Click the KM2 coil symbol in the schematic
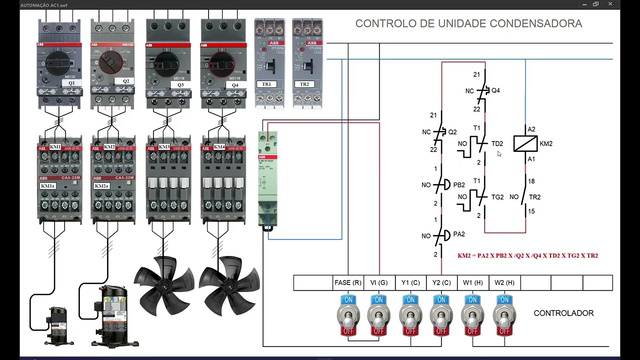[x=525, y=143]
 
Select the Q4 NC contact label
[x=495, y=90]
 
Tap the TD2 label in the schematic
[x=497, y=143]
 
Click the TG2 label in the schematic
[x=497, y=197]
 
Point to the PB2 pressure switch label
[x=458, y=185]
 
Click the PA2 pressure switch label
[x=458, y=234]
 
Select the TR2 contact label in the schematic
[x=534, y=197]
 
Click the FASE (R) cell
[x=347, y=282]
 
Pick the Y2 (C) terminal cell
[x=441, y=282]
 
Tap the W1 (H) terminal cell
[x=472, y=282]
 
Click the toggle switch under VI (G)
[x=379, y=315]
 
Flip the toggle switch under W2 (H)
[x=504, y=315]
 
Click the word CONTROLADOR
[x=563, y=313]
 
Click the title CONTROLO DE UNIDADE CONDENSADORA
[x=468, y=23]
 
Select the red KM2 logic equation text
[x=527, y=255]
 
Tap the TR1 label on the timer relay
[x=266, y=84]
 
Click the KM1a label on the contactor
[x=48, y=186]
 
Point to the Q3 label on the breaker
[x=180, y=85]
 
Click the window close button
[x=610, y=4]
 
